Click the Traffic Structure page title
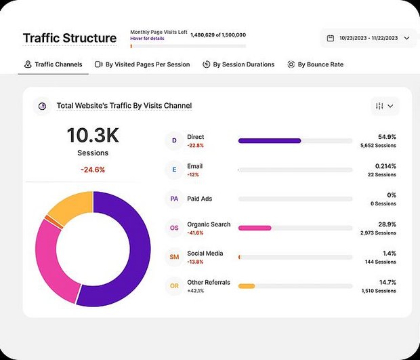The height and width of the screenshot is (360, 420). coord(69,38)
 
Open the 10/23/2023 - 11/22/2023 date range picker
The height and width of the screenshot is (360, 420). coord(369,38)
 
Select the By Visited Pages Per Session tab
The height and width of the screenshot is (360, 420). coord(142,64)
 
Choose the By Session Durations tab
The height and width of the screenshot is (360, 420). coord(238,64)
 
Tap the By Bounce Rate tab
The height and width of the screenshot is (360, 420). coord(315,64)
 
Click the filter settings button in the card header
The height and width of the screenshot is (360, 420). coord(384,106)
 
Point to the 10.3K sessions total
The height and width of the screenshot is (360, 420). coord(92,136)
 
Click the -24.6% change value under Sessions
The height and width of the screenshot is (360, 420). coord(92,169)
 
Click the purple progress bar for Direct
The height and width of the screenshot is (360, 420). coord(270,141)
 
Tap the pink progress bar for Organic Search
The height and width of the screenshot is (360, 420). coord(255,228)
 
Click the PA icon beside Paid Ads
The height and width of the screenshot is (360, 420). coord(174,199)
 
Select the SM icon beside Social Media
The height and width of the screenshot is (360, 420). coord(174,257)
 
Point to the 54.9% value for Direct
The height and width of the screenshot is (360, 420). coord(387,136)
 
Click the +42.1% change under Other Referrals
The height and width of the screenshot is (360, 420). coord(196,291)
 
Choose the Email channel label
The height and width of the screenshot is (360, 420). coord(194,166)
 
